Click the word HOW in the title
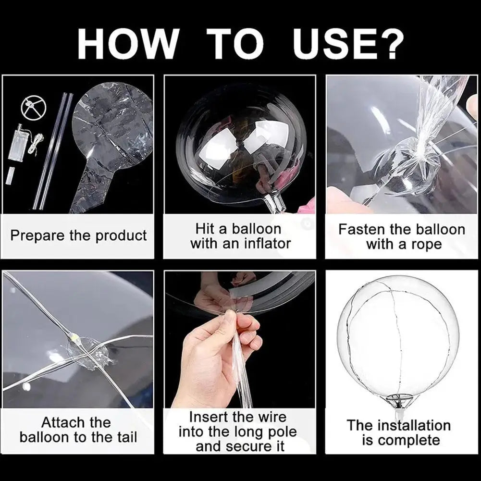point(127,44)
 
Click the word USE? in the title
point(349,44)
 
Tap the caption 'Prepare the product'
point(78,236)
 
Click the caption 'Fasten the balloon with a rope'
point(402,236)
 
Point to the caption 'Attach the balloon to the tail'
point(78,430)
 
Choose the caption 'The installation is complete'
point(399,432)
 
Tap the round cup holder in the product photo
point(33,107)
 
